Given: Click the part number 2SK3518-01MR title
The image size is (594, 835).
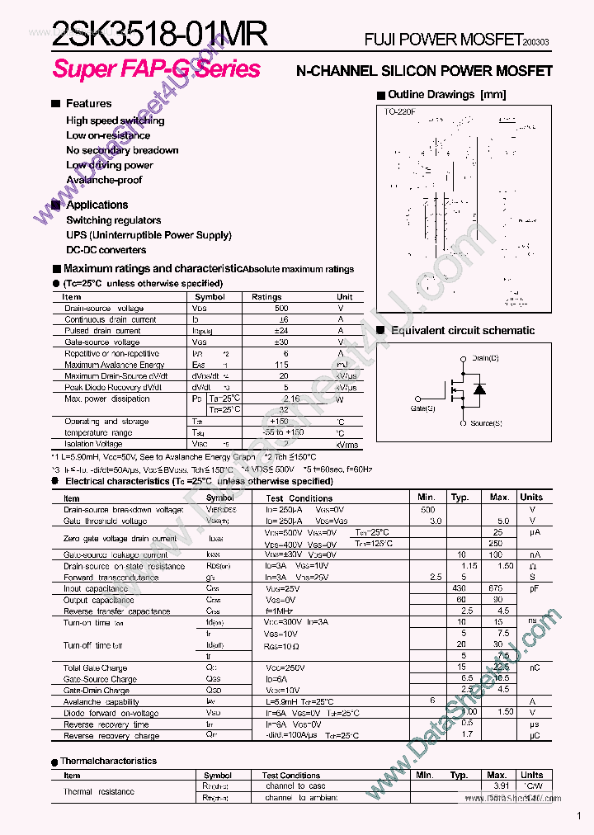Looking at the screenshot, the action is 160,34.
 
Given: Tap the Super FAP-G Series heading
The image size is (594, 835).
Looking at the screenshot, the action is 157,69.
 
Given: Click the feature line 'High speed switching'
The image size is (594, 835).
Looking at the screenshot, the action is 115,120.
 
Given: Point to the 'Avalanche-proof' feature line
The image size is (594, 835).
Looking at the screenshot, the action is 104,180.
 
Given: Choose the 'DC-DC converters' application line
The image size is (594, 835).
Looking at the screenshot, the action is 106,250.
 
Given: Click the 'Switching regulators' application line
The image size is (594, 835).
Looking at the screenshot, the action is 113,220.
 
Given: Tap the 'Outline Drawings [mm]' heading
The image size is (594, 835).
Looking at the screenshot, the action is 446,95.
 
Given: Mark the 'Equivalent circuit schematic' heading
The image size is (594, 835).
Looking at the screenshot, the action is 462,331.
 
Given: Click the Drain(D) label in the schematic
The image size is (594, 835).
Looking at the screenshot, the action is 485,358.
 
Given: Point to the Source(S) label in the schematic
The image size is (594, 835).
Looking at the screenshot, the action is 486,423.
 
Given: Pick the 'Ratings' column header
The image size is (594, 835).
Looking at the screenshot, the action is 266,297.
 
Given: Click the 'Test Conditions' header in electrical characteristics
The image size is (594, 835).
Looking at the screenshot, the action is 299,498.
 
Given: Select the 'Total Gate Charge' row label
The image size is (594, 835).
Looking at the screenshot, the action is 95,668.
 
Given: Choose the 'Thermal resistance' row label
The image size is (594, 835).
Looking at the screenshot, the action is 98,792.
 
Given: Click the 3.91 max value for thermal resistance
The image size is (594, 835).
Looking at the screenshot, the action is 497,786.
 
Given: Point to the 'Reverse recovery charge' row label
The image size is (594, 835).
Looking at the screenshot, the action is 111,736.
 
